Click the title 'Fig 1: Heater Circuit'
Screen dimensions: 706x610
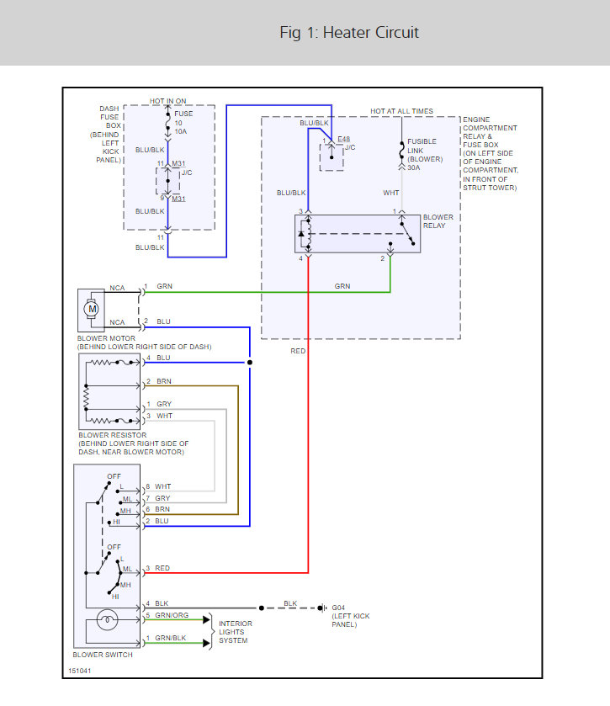pos(349,33)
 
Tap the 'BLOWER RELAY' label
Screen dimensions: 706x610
pos(438,221)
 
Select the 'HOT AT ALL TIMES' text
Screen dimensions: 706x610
pos(401,111)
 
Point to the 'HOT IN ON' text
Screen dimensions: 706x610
pos(168,101)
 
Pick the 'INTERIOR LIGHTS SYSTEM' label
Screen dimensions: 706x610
pos(236,632)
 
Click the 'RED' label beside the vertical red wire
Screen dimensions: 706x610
pos(298,351)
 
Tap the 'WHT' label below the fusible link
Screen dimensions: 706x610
pos(391,194)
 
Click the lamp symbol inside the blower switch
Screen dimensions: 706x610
pos(107,622)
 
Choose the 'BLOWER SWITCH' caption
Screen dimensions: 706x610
pos(103,655)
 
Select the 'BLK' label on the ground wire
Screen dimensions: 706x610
pos(289,603)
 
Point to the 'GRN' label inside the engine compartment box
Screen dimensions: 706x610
pos(342,287)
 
